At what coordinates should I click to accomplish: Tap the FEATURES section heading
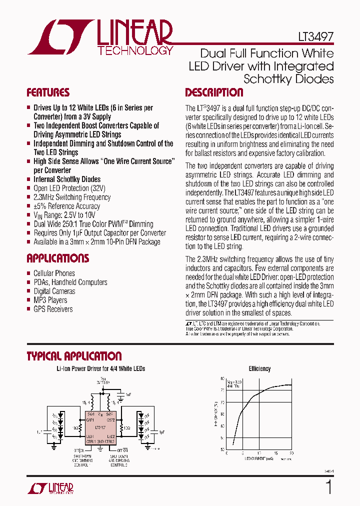click(48, 93)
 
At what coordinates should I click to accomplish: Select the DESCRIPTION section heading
click(214, 93)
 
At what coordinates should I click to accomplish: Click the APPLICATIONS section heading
click(57, 258)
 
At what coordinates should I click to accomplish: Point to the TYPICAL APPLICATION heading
click(74, 356)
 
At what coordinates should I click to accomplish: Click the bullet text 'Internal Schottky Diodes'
click(67, 179)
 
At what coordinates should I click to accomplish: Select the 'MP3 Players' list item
click(50, 300)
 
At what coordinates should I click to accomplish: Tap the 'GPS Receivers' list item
click(53, 309)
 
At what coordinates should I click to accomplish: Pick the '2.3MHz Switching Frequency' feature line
click(72, 197)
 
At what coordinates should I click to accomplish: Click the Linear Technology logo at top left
click(100, 37)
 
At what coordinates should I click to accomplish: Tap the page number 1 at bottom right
click(328, 487)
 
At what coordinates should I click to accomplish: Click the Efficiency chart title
click(259, 368)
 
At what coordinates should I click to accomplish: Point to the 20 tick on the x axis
click(291, 452)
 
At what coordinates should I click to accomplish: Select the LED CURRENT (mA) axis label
click(259, 458)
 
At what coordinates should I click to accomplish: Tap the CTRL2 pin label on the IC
click(110, 441)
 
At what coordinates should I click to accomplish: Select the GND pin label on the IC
click(100, 441)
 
